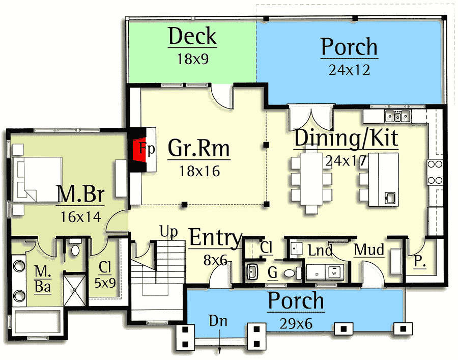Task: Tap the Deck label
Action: click(192, 37)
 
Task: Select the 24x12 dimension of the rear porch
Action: click(349, 70)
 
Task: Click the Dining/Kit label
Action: click(346, 138)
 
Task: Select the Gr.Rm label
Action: click(199, 149)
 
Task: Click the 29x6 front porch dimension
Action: click(296, 323)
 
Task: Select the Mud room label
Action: click(369, 250)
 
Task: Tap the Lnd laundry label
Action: click(321, 251)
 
